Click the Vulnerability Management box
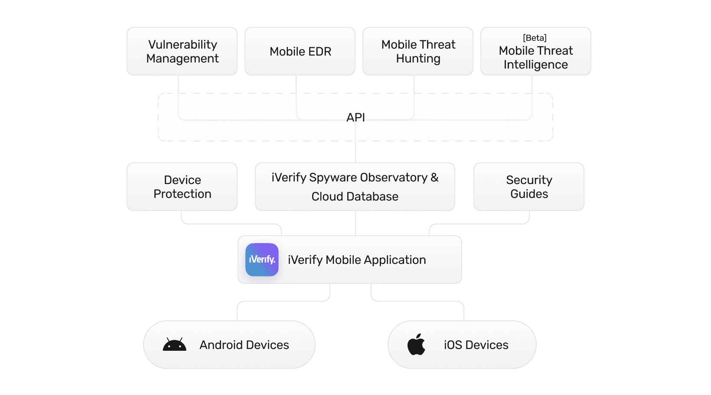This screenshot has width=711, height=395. [182, 51]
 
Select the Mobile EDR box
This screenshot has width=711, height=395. [300, 51]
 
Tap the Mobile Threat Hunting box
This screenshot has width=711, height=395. [418, 51]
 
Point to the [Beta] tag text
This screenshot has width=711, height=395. [535, 38]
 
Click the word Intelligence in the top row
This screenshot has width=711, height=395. [535, 65]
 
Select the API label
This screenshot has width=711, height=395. [355, 117]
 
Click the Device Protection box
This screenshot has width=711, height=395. [182, 187]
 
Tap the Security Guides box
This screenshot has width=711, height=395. [529, 187]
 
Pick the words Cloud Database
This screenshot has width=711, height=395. [355, 197]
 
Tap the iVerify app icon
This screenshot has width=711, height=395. [262, 260]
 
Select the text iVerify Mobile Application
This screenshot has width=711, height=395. [357, 260]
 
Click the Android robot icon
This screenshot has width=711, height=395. [174, 345]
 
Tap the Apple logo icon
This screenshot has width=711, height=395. [416, 345]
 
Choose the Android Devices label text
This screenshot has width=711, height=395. [244, 345]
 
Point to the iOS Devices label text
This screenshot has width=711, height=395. [476, 345]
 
